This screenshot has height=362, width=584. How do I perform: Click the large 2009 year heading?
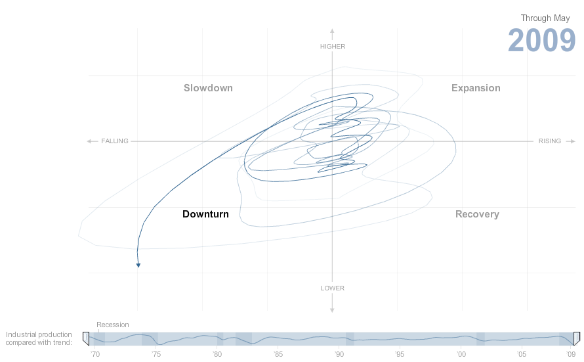coord(541,41)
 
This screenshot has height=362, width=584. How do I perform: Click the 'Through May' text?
coord(545,18)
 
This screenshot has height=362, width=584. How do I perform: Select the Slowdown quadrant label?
coord(208,88)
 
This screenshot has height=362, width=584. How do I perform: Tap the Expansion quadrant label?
coord(476,88)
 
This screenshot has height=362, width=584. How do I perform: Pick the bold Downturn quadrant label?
coord(205,214)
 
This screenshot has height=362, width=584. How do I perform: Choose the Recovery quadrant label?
coord(477,214)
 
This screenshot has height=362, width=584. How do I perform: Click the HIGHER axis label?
coord(333,47)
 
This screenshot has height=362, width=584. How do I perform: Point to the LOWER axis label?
coord(333,288)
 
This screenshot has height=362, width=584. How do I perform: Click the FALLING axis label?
coord(115,141)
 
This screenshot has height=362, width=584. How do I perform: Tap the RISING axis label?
coord(550,141)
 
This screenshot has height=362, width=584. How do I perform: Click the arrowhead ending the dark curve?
coord(138,265)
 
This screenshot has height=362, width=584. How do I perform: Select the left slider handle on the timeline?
coord(86,338)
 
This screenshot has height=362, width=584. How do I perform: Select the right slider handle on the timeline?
coord(577,338)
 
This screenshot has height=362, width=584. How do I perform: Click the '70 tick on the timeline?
coord(94,354)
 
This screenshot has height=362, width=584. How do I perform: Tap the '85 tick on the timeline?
coord(278,354)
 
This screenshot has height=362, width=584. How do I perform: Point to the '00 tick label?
coord(461,354)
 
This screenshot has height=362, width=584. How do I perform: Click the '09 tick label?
coord(571,354)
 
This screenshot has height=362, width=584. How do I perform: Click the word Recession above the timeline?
coord(113,325)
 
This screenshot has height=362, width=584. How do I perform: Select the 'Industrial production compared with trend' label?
coord(39,338)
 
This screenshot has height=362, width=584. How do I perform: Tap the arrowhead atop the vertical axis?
coord(333,31)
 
